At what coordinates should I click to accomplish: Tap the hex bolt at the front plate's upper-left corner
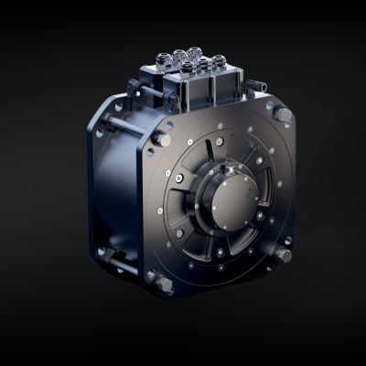click(161, 139)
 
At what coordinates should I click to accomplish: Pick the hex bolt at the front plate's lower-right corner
click(285, 253)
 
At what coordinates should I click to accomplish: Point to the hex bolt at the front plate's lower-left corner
click(166, 281)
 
